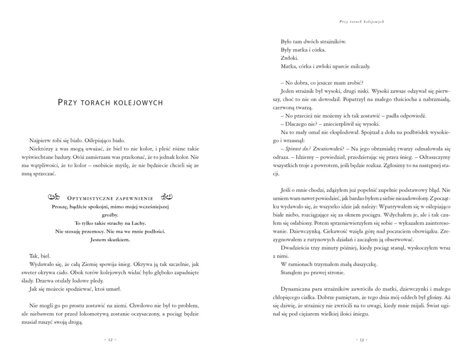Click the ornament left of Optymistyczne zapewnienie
(x=54, y=197)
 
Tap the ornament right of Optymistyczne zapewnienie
(x=168, y=197)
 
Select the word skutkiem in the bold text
(x=117, y=240)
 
